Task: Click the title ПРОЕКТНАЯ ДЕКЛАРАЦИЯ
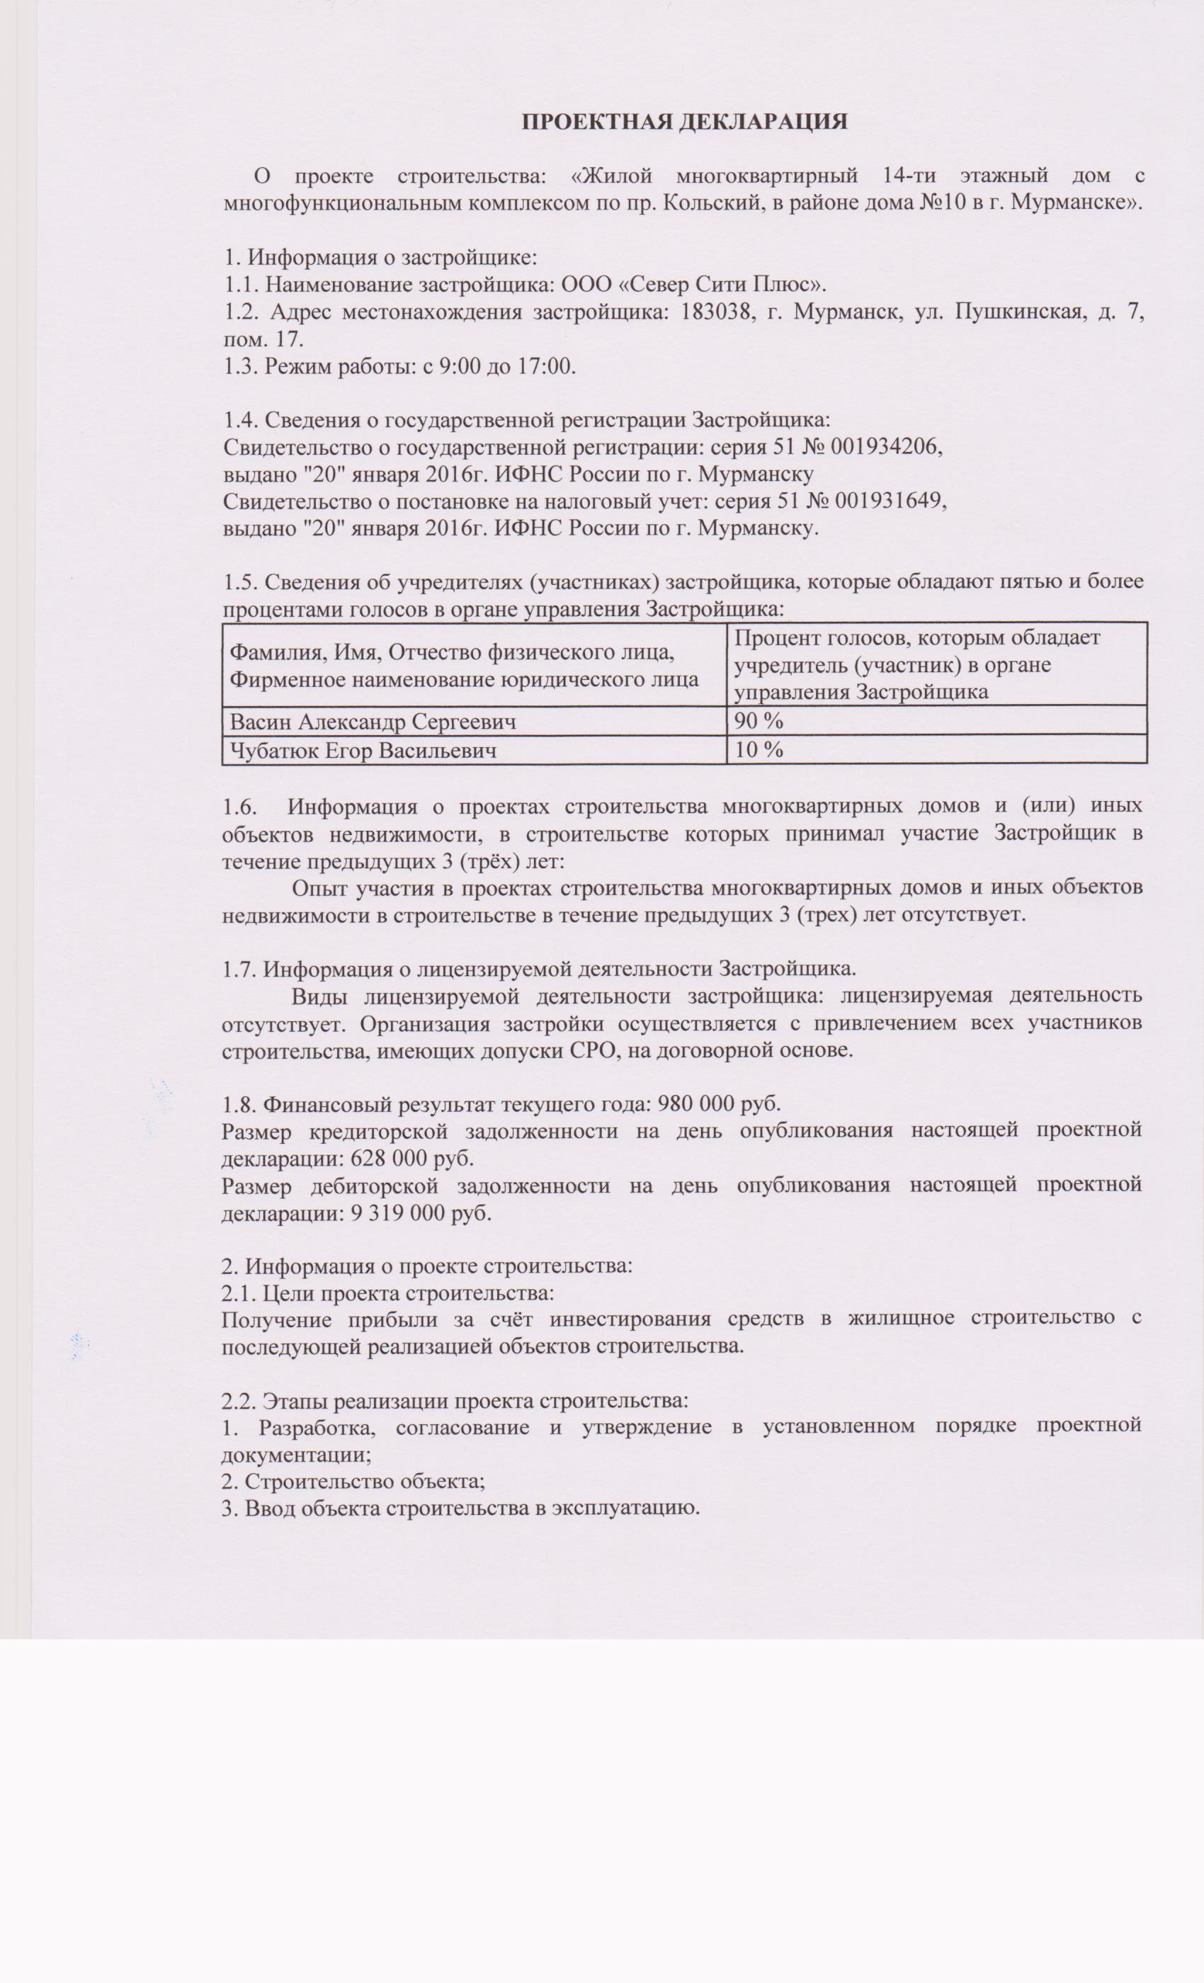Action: pos(684,122)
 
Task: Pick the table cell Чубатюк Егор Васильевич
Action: pos(363,750)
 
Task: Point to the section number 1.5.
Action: pos(240,581)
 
